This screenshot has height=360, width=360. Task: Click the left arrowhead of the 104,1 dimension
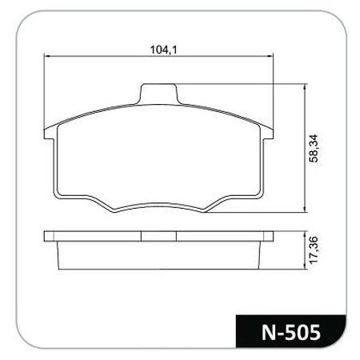pos(46,57)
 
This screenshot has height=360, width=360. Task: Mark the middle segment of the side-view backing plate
pos(158,238)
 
